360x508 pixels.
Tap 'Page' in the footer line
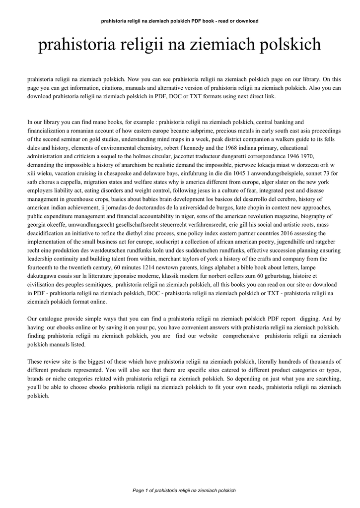pos(139,490)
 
